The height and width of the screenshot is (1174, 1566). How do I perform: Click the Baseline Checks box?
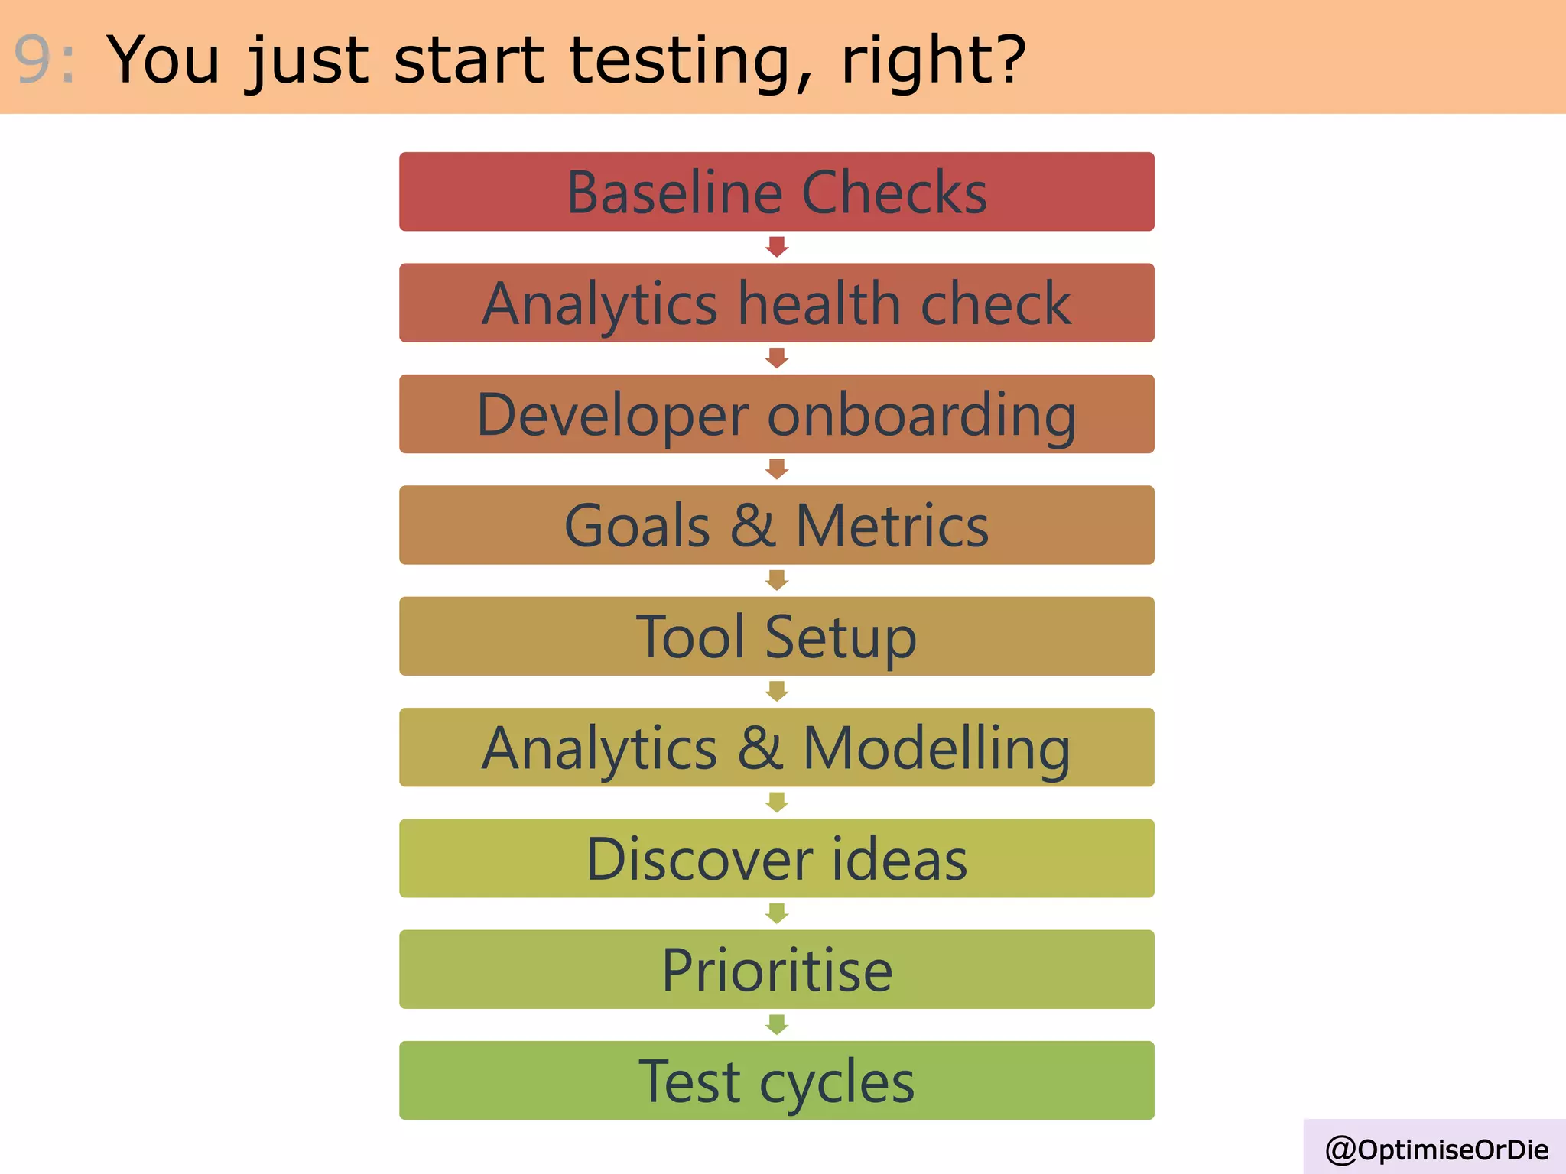click(x=776, y=192)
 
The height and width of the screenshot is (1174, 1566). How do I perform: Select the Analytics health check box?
click(x=776, y=303)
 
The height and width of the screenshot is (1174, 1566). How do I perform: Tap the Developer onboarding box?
click(x=776, y=413)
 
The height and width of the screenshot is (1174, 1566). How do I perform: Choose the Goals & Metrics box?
click(x=776, y=525)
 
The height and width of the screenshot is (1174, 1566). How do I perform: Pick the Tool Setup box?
click(x=776, y=636)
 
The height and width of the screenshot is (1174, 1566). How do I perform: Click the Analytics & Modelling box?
click(x=776, y=747)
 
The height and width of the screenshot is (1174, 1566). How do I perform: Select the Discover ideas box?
click(x=776, y=858)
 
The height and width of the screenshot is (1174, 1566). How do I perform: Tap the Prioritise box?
click(x=776, y=969)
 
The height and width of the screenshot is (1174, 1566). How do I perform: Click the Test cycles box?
click(x=776, y=1080)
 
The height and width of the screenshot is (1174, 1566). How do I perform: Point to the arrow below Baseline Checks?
click(x=777, y=247)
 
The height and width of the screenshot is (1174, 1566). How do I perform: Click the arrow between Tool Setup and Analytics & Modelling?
click(x=777, y=692)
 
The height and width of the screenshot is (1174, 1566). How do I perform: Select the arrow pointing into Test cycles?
click(x=777, y=1024)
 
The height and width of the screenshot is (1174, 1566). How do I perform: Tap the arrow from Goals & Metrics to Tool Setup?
click(x=777, y=580)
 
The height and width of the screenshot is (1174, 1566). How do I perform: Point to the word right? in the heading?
click(x=933, y=61)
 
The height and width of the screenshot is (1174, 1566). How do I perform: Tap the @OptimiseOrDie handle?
click(x=1436, y=1150)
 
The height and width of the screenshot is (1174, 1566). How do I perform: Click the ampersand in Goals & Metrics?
click(x=753, y=526)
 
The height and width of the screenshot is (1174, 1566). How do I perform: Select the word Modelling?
click(x=936, y=749)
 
